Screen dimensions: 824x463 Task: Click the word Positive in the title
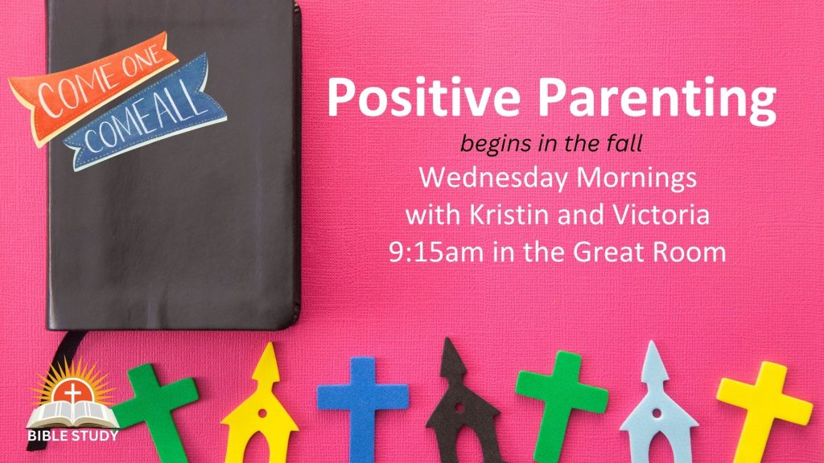(423, 97)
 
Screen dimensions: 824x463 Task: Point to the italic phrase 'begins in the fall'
(551, 144)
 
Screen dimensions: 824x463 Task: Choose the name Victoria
(661, 215)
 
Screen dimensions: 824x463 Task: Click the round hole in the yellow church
(262, 413)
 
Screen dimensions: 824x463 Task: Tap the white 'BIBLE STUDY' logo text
(73, 436)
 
